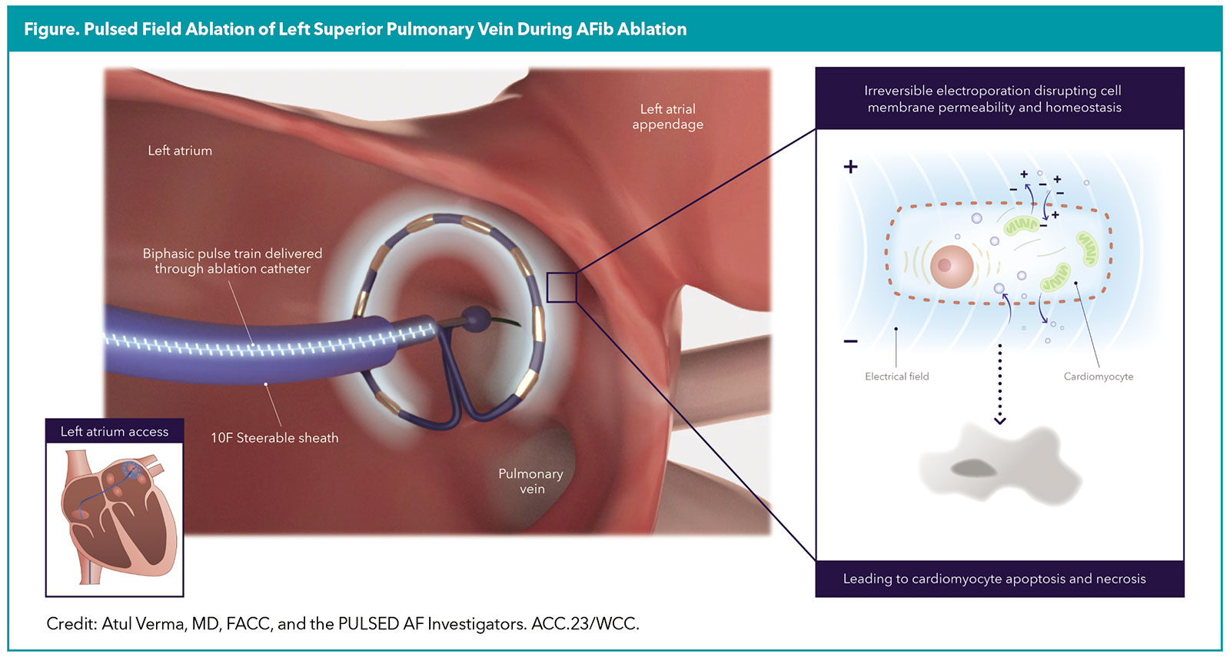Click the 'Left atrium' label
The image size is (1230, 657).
(x=180, y=151)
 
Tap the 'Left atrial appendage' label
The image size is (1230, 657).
(x=667, y=117)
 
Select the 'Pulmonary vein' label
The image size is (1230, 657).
(x=530, y=481)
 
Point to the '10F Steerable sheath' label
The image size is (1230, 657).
(x=274, y=438)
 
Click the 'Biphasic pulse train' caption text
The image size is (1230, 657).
(x=232, y=261)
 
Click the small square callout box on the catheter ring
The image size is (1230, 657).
(x=561, y=287)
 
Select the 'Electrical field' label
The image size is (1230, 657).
(x=896, y=377)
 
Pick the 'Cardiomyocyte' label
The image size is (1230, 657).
(x=1098, y=377)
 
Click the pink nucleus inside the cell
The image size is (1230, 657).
(x=952, y=266)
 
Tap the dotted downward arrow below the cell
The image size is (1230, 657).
(x=999, y=384)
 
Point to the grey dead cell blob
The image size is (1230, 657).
(x=999, y=465)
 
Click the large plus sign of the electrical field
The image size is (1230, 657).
(x=850, y=167)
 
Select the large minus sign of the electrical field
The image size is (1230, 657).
(x=850, y=341)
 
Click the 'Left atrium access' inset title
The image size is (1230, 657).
(x=115, y=432)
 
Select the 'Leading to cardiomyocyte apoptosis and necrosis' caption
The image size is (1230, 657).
(x=994, y=579)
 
